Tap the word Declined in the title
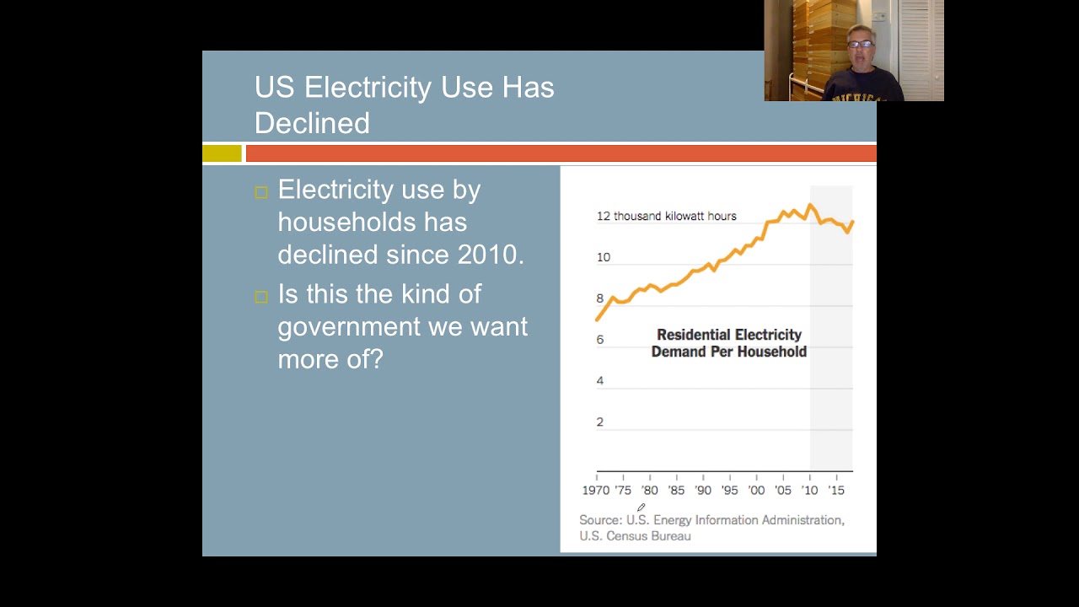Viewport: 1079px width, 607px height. pyautogui.click(x=312, y=123)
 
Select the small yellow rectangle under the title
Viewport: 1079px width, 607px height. pyautogui.click(x=222, y=153)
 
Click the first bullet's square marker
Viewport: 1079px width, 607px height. pyautogui.click(x=261, y=192)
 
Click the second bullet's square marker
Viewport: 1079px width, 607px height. pyautogui.click(x=261, y=297)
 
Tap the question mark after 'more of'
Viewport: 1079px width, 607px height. pyautogui.click(x=376, y=359)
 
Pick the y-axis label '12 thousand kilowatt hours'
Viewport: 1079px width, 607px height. pyautogui.click(x=666, y=216)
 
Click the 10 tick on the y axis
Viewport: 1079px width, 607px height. pyautogui.click(x=603, y=257)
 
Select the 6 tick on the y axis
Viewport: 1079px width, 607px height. pyautogui.click(x=600, y=340)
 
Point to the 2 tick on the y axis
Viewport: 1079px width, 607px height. pyautogui.click(x=600, y=422)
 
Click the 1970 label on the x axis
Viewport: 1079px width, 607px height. pyautogui.click(x=595, y=490)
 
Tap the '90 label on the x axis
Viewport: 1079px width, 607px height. pyautogui.click(x=702, y=490)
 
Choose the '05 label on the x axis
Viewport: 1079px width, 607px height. pyautogui.click(x=782, y=490)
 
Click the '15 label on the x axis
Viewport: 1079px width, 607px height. pyautogui.click(x=835, y=490)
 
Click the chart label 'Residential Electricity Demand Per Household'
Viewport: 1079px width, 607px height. pyautogui.click(x=729, y=343)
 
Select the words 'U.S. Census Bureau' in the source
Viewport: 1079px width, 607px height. pyautogui.click(x=635, y=536)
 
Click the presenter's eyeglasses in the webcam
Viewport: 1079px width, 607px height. pyautogui.click(x=860, y=44)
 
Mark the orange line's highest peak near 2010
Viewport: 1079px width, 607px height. pyautogui.click(x=811, y=205)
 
